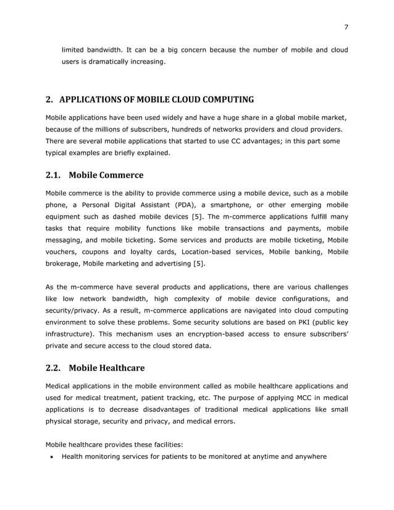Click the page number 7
pyautogui.click(x=346, y=27)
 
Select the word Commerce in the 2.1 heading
pyautogui.click(x=120, y=175)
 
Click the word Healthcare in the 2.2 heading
pyautogui.click(x=122, y=369)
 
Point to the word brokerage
pyautogui.click(x=63, y=264)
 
